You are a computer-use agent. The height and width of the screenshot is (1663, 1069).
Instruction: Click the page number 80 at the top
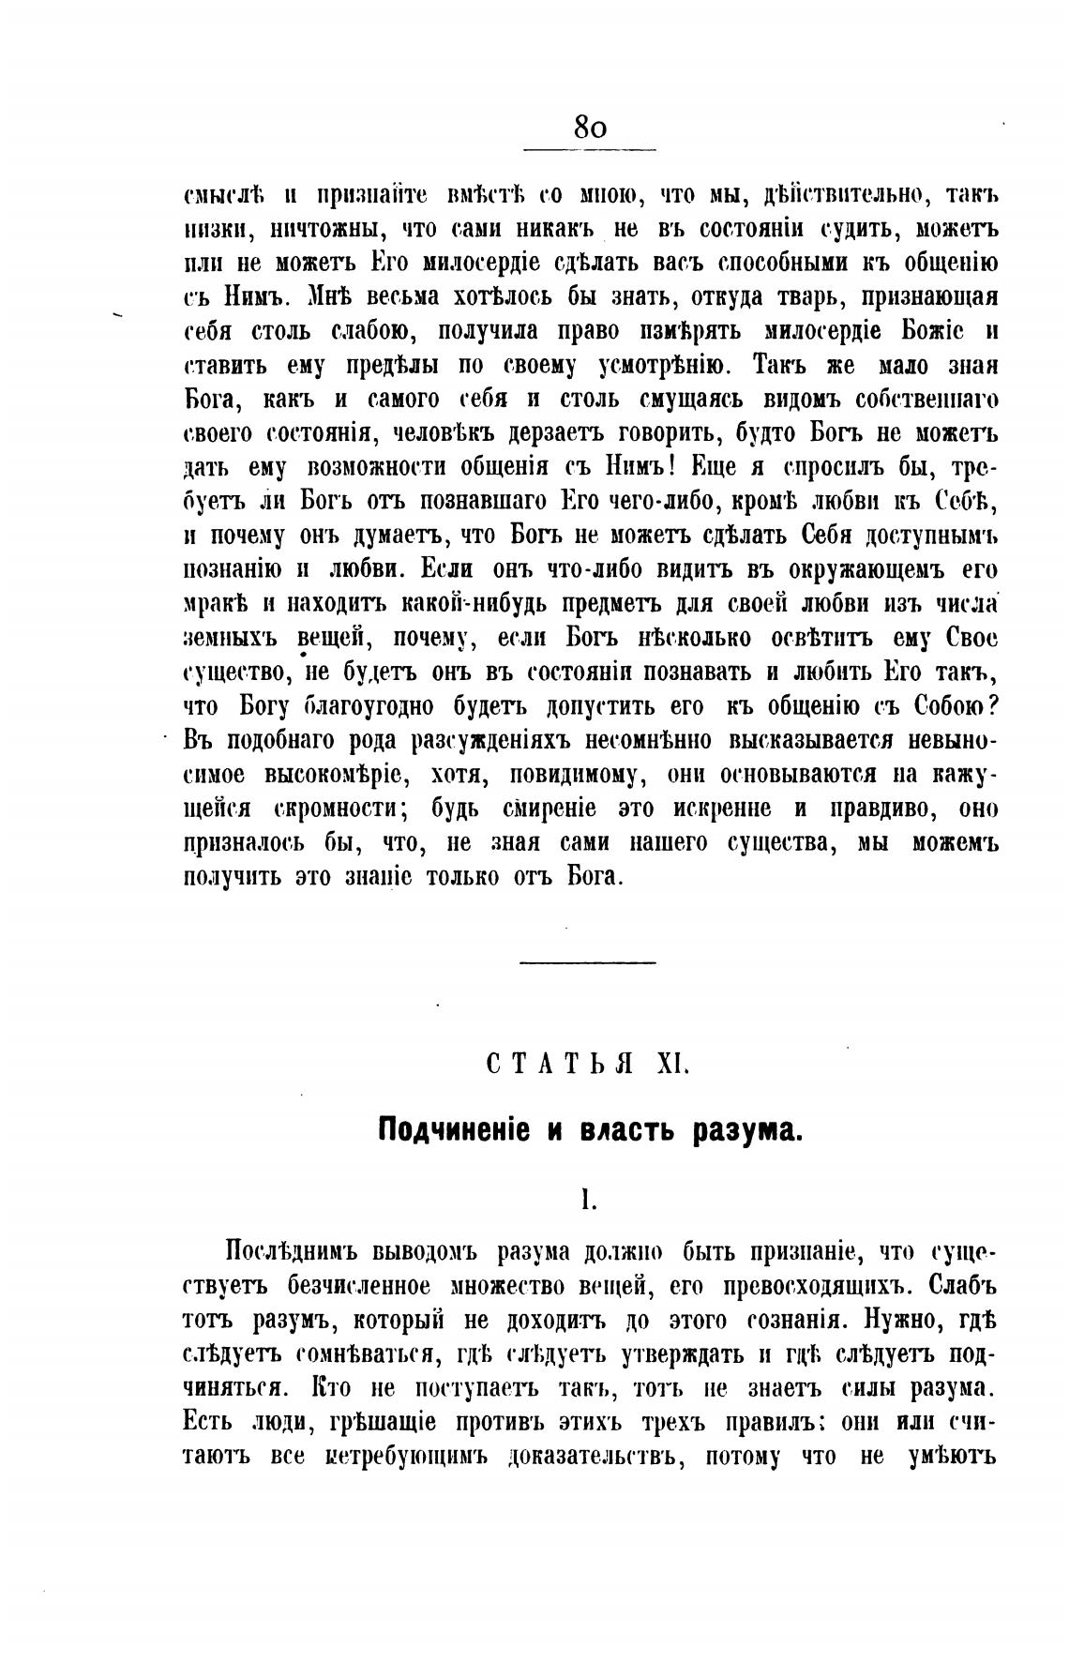(590, 127)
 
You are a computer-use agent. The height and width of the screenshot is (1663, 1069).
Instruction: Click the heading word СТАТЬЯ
(557, 1064)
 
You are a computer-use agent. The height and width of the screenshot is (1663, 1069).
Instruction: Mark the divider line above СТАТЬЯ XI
(589, 962)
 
